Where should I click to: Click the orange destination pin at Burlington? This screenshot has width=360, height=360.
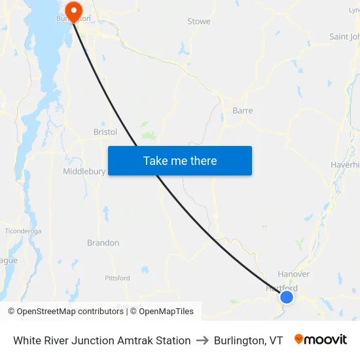pos(73,9)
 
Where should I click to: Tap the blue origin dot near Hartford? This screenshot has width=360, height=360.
pos(287,297)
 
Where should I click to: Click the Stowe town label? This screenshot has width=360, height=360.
pos(199,22)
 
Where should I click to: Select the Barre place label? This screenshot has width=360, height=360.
pos(242,111)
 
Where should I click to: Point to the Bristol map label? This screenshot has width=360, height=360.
pos(105,132)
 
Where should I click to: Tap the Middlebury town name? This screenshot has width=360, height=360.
pos(84,171)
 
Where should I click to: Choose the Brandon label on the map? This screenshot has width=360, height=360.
pos(103,243)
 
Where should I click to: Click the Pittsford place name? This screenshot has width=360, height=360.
pos(117,278)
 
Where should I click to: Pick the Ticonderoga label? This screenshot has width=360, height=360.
pos(23,231)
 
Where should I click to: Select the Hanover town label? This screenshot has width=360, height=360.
pos(293,274)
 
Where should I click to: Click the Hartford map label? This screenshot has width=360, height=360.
pos(281,288)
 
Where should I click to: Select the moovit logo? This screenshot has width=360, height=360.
pos(321,340)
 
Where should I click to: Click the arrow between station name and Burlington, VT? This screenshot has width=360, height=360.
pos(202,340)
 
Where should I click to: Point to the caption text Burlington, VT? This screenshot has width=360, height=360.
pos(248,340)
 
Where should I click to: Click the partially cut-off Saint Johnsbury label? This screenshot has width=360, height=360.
pos(344,37)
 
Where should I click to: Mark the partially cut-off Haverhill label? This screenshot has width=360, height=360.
pos(345,164)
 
